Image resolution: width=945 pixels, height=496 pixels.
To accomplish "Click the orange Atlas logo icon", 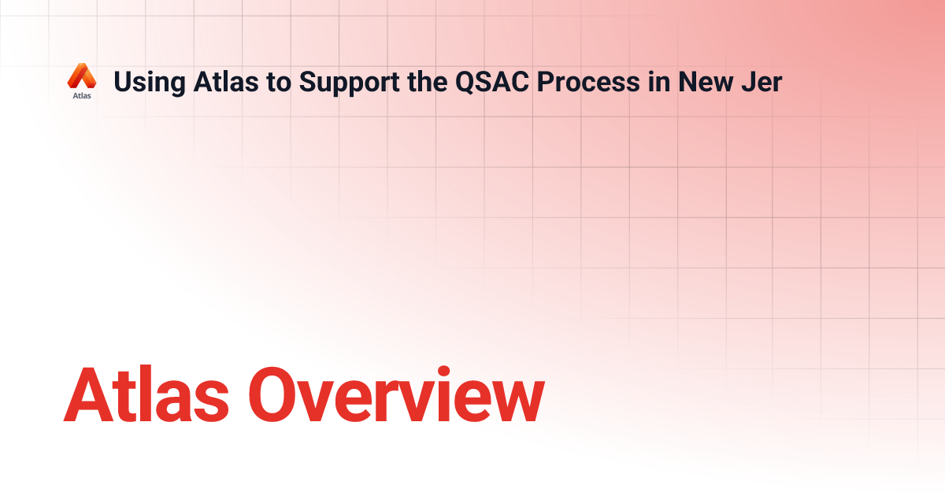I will click(81, 76).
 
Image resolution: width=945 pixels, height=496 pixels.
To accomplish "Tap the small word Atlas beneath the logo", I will click(81, 96).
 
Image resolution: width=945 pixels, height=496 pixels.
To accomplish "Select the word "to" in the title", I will click(276, 81).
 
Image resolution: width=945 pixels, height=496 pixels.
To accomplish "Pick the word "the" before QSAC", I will click(424, 81).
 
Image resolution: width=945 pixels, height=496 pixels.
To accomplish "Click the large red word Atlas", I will click(150, 394).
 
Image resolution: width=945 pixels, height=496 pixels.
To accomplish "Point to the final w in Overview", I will click(515, 402).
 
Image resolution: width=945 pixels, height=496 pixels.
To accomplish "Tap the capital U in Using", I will click(122, 81).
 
